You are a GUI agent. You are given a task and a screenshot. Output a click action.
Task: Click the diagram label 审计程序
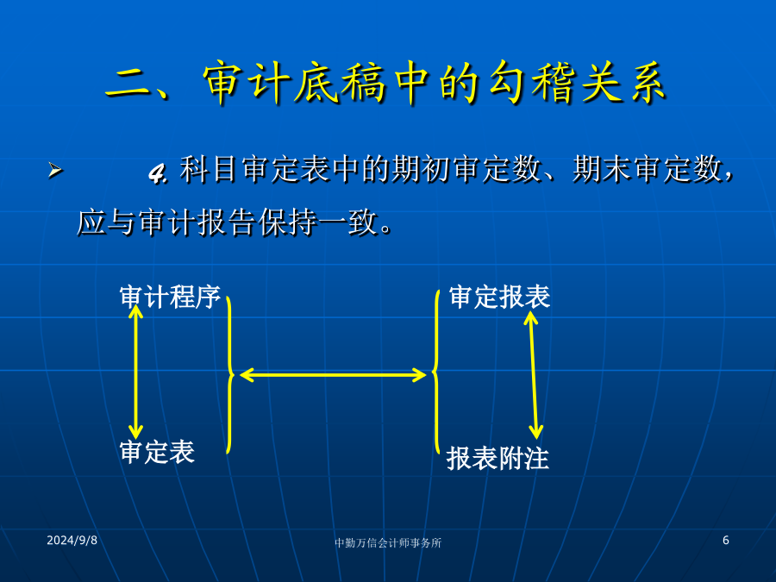click(x=170, y=297)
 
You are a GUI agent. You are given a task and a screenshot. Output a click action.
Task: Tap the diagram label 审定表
click(x=157, y=452)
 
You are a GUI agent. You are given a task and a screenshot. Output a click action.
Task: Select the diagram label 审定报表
click(x=499, y=297)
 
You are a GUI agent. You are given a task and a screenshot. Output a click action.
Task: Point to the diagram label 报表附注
click(x=498, y=458)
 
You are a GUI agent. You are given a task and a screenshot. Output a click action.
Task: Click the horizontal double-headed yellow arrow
click(x=333, y=375)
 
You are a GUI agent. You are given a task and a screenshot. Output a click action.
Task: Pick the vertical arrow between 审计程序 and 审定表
click(x=135, y=372)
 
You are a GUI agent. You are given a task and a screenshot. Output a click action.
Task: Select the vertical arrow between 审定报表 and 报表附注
click(x=534, y=375)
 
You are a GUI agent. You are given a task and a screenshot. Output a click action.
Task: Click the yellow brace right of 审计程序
click(x=230, y=375)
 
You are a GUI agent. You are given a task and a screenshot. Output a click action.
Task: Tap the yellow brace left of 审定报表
click(x=435, y=371)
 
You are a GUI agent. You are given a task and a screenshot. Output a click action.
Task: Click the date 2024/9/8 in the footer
click(x=72, y=540)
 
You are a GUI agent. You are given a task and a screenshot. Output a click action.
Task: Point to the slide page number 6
click(x=725, y=540)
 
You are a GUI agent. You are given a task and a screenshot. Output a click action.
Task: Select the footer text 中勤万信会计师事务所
click(x=387, y=543)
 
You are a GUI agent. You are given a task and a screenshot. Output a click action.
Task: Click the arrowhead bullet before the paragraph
click(x=55, y=170)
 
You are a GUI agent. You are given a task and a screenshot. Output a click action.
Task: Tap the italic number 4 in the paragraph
click(x=157, y=173)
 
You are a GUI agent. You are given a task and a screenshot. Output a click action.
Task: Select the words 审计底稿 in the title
click(x=293, y=83)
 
